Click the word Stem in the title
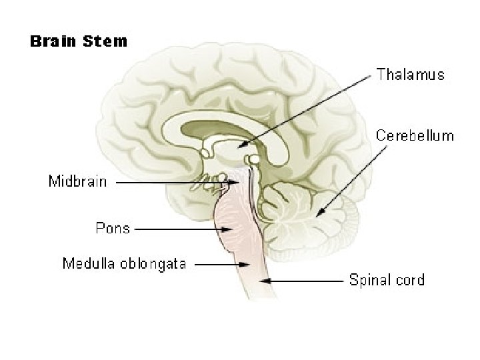coord(105,41)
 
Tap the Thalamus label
coord(410,75)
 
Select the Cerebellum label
coord(415,136)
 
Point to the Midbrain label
coord(77,181)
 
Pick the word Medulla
coord(87,263)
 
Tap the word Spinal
coord(369,280)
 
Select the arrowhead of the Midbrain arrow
coord(237,181)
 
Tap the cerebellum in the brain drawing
coord(313,213)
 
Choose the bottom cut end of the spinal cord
coord(257,297)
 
